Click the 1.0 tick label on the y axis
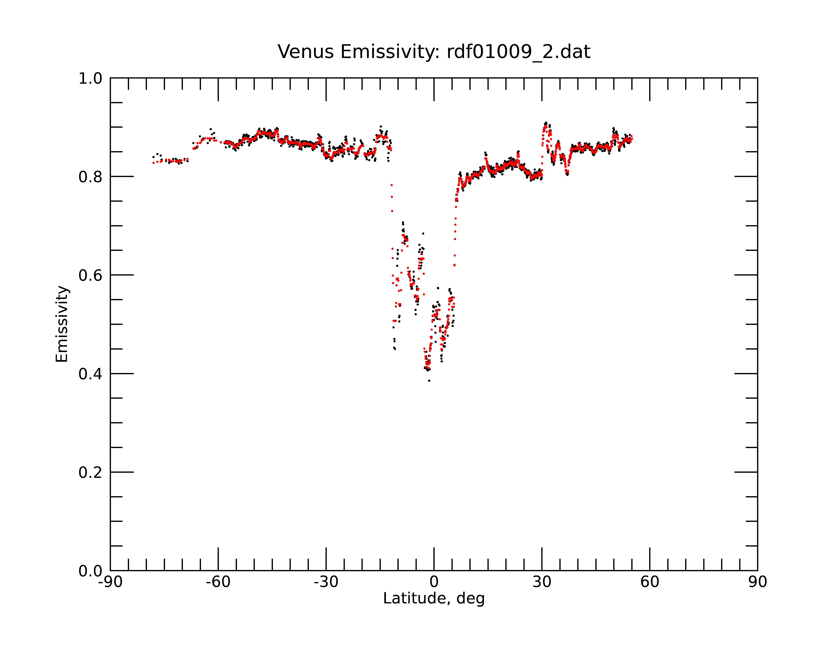90,79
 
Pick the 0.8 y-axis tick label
90,177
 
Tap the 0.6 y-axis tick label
90,275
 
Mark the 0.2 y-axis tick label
90,473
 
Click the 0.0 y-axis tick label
90,571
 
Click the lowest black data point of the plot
429,381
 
